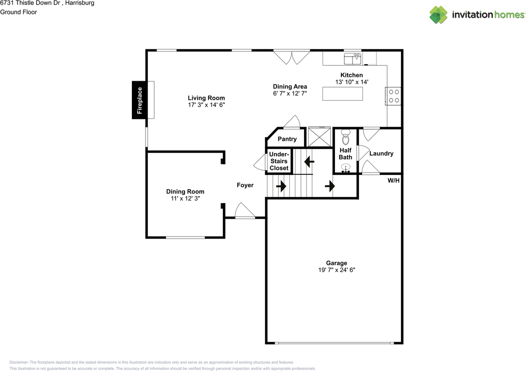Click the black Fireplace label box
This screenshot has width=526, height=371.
tap(139, 100)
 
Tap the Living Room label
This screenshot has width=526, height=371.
tap(206, 98)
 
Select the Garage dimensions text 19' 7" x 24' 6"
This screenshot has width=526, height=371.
tap(337, 270)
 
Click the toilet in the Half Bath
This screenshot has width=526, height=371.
tap(346, 137)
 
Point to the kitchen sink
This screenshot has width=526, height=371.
tap(353, 58)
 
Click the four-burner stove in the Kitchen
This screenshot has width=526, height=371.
tap(393, 96)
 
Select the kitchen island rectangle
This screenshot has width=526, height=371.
tap(342, 94)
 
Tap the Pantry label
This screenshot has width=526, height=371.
tap(287, 139)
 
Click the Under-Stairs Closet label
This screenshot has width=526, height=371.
tap(279, 161)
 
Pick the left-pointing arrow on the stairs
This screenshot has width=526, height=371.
tap(309, 162)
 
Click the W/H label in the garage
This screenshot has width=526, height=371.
tap(393, 180)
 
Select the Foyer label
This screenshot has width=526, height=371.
tap(245, 185)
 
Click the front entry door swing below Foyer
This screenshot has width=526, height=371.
tap(245, 211)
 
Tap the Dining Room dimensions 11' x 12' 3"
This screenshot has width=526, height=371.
tap(185, 198)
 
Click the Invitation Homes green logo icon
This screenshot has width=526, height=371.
tap(438, 15)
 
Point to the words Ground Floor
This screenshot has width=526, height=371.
tap(18, 12)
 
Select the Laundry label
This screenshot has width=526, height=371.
tap(381, 153)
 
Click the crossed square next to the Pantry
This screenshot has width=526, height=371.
tap(319, 137)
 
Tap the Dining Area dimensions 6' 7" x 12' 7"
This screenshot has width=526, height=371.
tap(290, 93)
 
